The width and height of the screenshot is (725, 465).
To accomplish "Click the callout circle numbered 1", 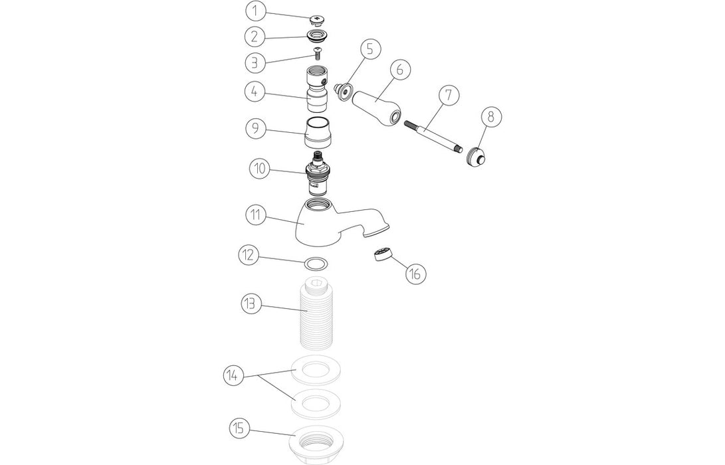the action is click(255, 11).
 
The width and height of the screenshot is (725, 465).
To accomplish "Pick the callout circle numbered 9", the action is click(256, 128).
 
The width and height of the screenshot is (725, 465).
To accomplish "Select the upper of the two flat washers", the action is click(317, 370).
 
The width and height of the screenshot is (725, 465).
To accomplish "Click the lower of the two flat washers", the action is click(317, 404).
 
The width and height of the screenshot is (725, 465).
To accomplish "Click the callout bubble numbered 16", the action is click(415, 274).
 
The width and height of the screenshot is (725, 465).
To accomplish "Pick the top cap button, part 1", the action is click(317, 21).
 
